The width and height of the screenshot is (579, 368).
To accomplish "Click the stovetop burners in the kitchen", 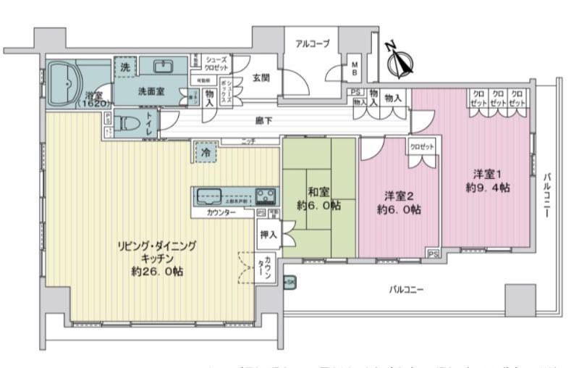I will point(264,196).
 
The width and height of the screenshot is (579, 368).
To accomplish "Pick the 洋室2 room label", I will point(398,196).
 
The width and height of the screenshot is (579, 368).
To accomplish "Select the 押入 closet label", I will point(268,235).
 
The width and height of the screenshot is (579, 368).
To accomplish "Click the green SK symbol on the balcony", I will point(290,281).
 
